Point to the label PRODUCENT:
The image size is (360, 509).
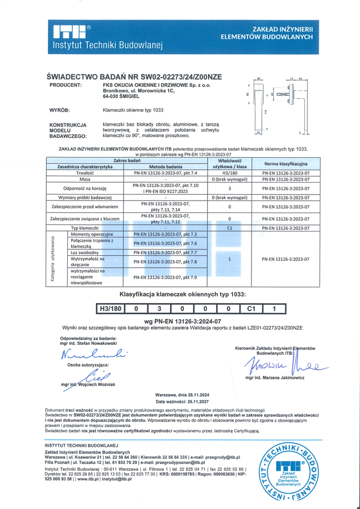pyautogui.click(x=66, y=86)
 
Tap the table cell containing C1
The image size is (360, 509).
pyautogui.click(x=230, y=228)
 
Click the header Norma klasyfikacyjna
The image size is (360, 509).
pyautogui.click(x=285, y=163)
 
